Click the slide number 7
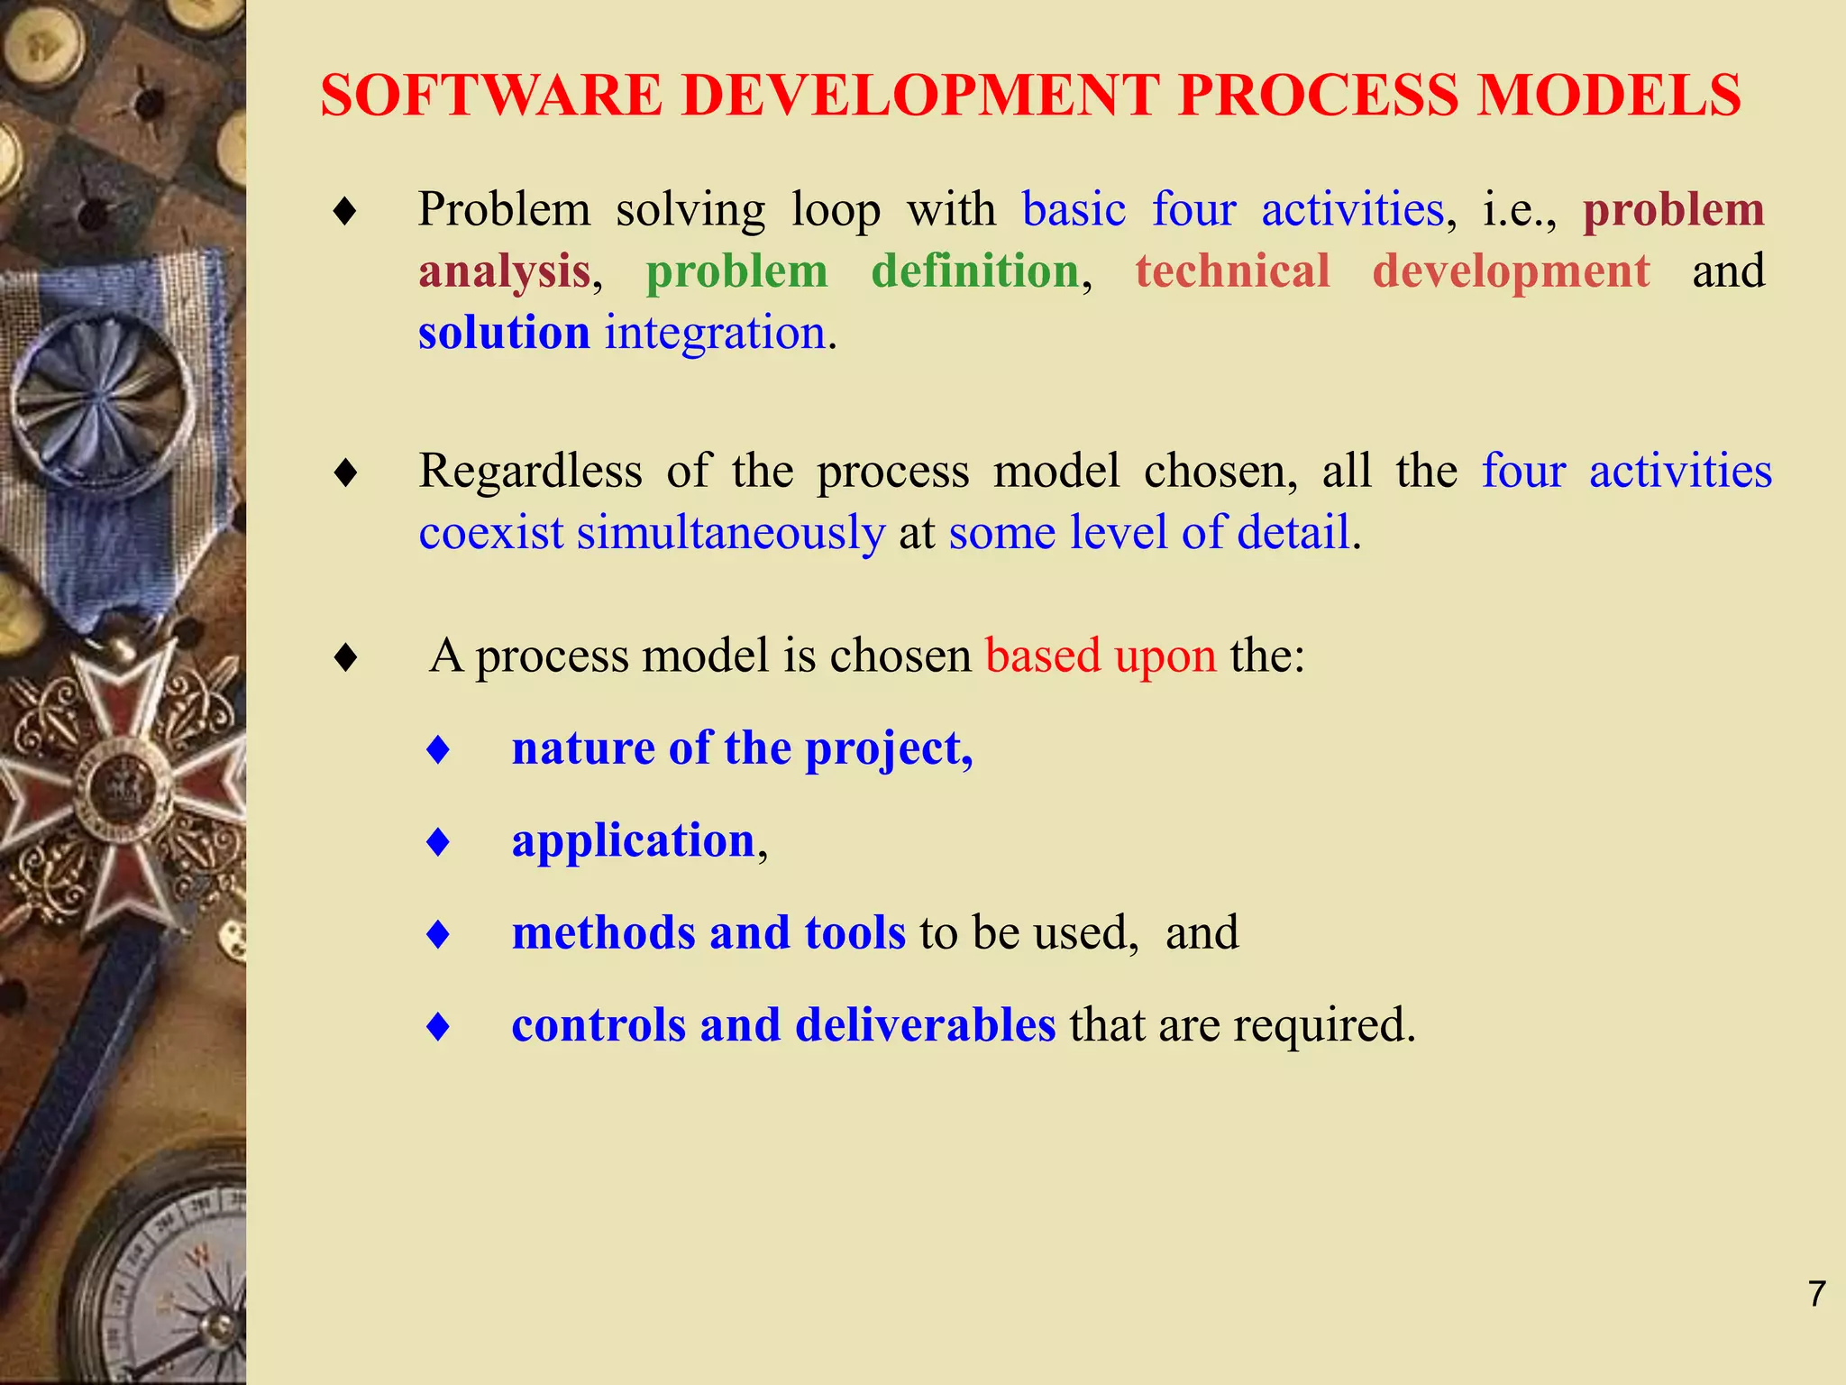(x=1816, y=1294)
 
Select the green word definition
(x=975, y=271)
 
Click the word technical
(x=1232, y=271)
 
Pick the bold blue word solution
(x=504, y=332)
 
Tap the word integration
(x=716, y=334)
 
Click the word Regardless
(x=530, y=471)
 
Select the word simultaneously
(x=731, y=533)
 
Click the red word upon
(x=1165, y=656)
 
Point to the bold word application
(x=633, y=841)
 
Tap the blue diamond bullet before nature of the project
(x=438, y=749)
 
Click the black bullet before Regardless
(x=345, y=472)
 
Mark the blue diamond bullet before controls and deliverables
(x=438, y=1026)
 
